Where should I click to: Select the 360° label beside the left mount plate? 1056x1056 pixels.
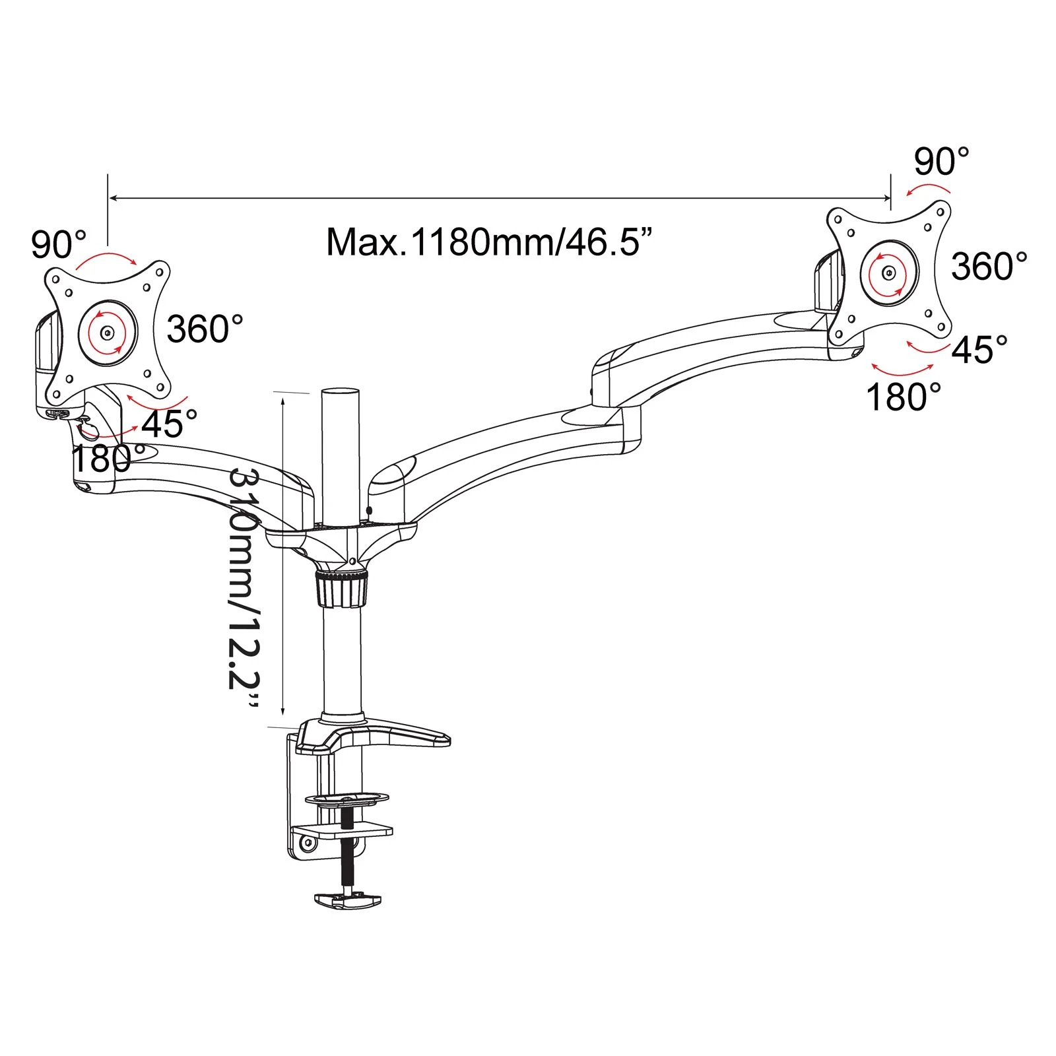pos(205,328)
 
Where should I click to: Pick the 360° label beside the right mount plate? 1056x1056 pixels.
pos(989,266)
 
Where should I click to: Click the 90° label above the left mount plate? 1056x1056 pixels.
pos(59,244)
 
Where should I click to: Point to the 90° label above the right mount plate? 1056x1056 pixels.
pos(942,161)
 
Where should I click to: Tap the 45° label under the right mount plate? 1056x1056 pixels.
pos(980,349)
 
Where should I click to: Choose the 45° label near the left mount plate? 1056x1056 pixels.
pos(170,424)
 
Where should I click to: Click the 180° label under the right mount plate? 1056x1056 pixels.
pos(904,397)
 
